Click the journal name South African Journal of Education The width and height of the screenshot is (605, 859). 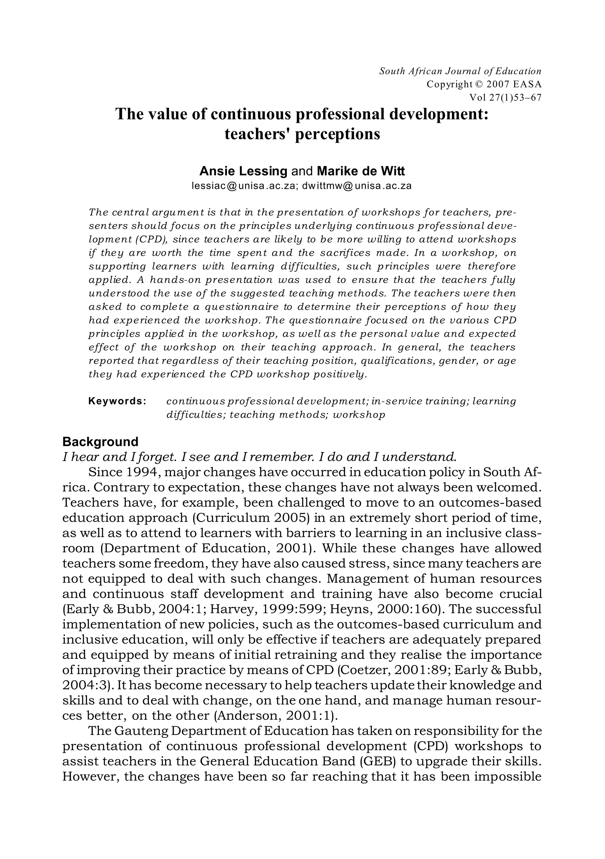[460, 71]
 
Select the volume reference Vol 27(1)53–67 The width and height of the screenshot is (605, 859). [505, 98]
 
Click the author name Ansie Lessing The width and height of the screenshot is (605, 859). [243, 171]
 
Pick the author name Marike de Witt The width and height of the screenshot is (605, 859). [361, 171]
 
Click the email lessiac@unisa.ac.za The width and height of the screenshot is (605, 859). [243, 186]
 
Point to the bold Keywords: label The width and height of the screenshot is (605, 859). [117, 401]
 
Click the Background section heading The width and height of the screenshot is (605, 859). [100, 442]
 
